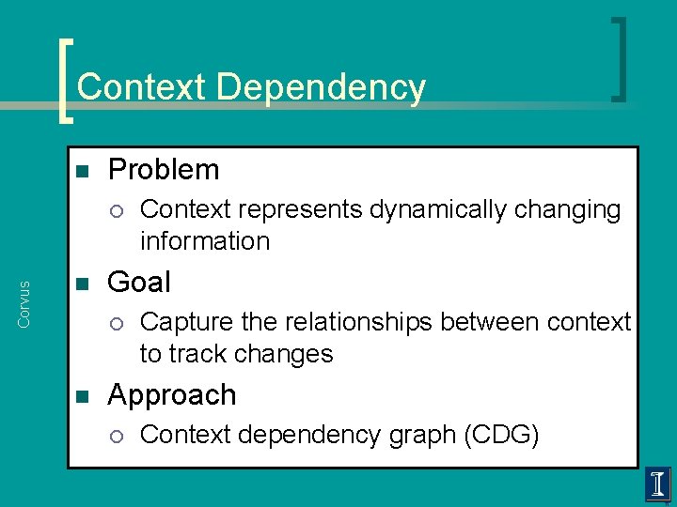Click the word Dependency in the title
(321, 88)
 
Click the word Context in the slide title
(143, 87)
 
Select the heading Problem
(164, 170)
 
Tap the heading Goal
(139, 283)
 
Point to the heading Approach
(172, 395)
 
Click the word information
(205, 241)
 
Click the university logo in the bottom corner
(657, 484)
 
